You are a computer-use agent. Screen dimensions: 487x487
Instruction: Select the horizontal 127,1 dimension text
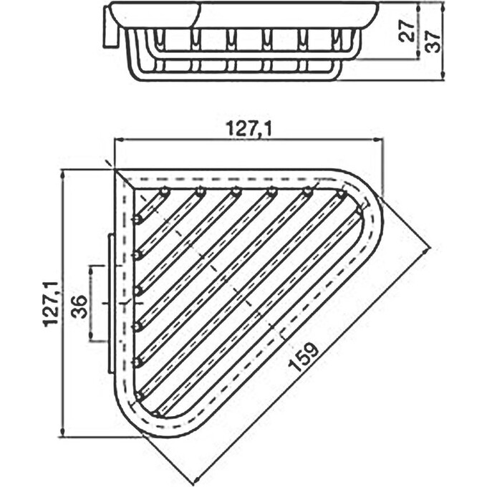pos(249,129)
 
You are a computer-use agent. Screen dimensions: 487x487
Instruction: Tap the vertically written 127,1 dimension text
pos(50,303)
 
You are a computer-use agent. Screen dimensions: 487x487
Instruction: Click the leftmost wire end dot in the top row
pos(165,191)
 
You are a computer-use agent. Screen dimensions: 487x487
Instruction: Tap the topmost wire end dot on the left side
pos(136,218)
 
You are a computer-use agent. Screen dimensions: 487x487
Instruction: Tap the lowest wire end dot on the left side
pos(138,395)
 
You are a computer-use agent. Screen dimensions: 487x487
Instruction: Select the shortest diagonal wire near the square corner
pos(152,205)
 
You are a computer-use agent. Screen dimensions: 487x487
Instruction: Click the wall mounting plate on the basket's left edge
pos(110,303)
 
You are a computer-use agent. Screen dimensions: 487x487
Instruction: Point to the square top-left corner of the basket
pos(117,172)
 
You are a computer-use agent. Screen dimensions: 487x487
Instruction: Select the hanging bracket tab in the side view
pos(112,29)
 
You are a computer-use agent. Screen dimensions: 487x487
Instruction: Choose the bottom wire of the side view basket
pos(236,76)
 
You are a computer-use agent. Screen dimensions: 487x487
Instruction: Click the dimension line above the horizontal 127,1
pos(249,140)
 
